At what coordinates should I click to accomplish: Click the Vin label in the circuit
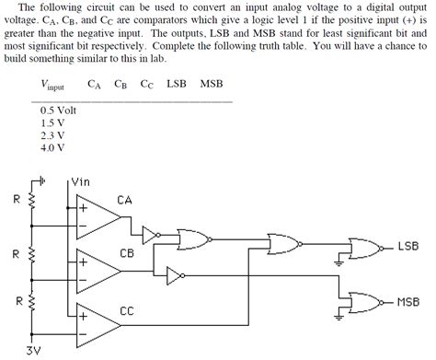(82, 182)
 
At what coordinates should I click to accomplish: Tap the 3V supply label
(34, 351)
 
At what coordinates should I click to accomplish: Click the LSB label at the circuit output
(407, 248)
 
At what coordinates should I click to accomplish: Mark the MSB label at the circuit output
(408, 301)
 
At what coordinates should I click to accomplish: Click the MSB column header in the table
(212, 83)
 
